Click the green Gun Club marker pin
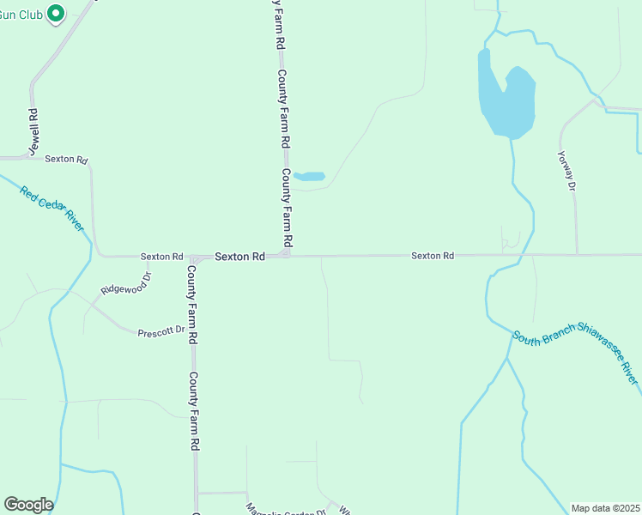pyautogui.click(x=56, y=14)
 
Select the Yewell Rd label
pyautogui.click(x=33, y=131)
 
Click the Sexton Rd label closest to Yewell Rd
pyautogui.click(x=66, y=159)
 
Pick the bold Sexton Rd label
pyautogui.click(x=239, y=256)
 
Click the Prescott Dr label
pyautogui.click(x=161, y=330)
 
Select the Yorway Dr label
pyautogui.click(x=565, y=169)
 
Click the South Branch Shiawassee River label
pyautogui.click(x=575, y=357)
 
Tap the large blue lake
pyautogui.click(x=506, y=101)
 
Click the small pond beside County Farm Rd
pyautogui.click(x=310, y=177)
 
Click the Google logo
pyautogui.click(x=28, y=505)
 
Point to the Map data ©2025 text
pyautogui.click(x=604, y=508)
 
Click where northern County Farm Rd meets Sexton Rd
pyautogui.click(x=287, y=255)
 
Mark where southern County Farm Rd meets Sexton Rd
pyautogui.click(x=194, y=257)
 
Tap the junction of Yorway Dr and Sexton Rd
pyautogui.click(x=577, y=255)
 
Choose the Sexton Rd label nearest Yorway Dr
pyautogui.click(x=432, y=256)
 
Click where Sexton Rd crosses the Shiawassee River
pyautogui.click(x=524, y=255)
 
